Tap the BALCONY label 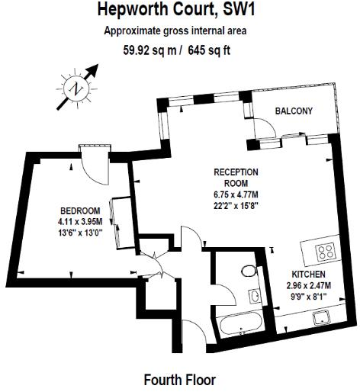(x=294, y=111)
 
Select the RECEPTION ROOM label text (x=236, y=177)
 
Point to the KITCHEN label (x=309, y=273)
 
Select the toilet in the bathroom (x=248, y=270)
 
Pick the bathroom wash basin (x=254, y=296)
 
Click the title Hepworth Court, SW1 (x=179, y=11)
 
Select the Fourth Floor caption (x=179, y=378)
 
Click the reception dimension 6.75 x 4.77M (x=236, y=194)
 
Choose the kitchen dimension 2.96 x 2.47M (x=309, y=285)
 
